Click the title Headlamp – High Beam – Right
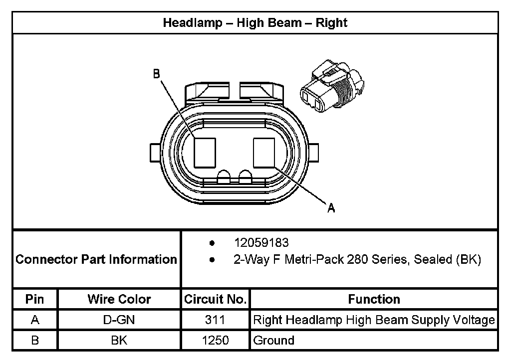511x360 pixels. coord(255,22)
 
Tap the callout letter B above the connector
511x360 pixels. coord(156,74)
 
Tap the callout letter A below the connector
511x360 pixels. coord(331,208)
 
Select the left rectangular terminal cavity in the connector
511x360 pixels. coord(204,153)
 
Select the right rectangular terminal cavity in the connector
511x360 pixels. coord(264,153)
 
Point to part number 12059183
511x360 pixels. coord(261,243)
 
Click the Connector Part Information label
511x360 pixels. coord(96,259)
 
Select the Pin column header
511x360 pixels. coord(35,299)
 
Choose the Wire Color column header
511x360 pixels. coord(119,299)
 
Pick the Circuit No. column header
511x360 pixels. coord(216,299)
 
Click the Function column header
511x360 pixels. coord(374,299)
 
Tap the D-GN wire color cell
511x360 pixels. coord(119,320)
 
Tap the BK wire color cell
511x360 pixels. coord(119,341)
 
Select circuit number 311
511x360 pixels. coord(215,320)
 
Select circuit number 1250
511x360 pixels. coord(215,341)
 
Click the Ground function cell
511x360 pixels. coord(274,341)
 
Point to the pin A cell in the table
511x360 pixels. coord(35,320)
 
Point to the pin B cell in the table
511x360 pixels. coord(35,341)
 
